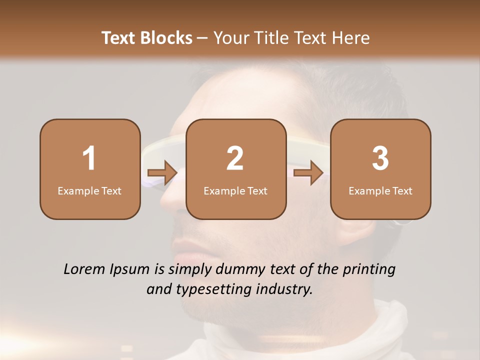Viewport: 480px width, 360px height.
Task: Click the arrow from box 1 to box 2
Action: pos(162,173)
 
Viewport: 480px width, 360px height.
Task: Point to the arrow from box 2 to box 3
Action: pos(308,173)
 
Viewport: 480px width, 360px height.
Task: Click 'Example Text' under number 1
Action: pos(89,191)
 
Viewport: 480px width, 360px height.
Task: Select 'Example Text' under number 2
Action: pos(235,191)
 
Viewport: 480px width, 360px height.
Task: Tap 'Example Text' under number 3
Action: pos(380,191)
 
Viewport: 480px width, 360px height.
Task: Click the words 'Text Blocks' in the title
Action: pos(147,38)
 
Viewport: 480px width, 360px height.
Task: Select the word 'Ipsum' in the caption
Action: pos(131,269)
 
